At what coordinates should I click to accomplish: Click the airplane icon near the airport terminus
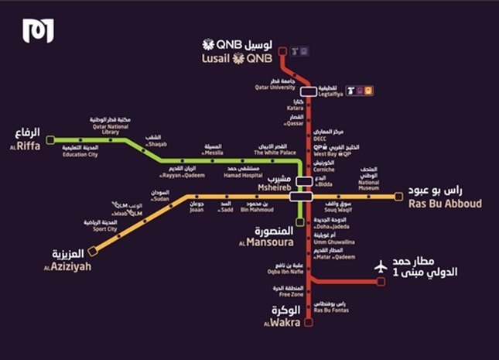pyautogui.click(x=380, y=266)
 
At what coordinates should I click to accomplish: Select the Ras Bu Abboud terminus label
pyautogui.click(x=444, y=203)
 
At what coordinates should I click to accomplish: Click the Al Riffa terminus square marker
pyautogui.click(x=50, y=140)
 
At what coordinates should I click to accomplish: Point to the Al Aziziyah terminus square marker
pyautogui.click(x=92, y=251)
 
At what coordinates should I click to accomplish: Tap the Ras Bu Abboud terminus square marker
pyautogui.click(x=398, y=196)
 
